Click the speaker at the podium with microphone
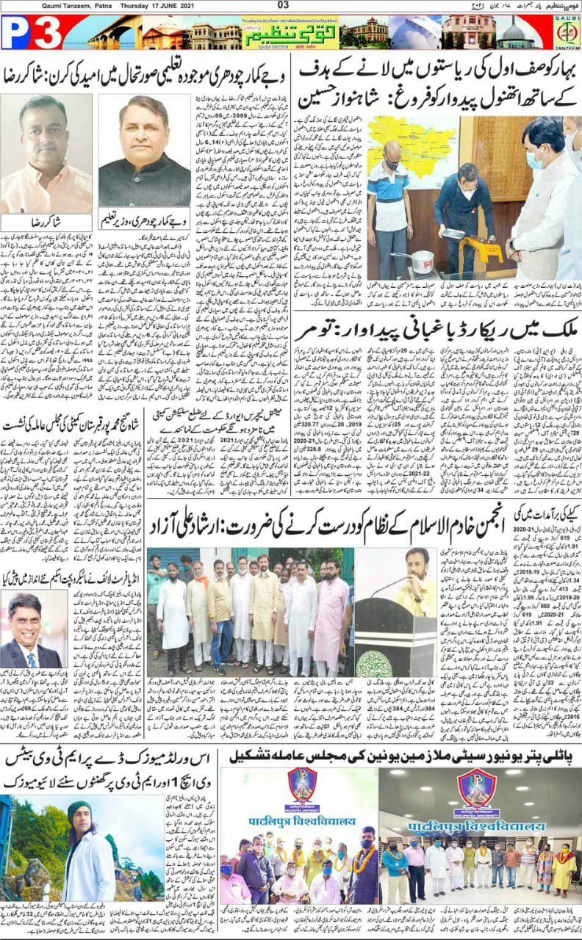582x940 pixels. (417, 580)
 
